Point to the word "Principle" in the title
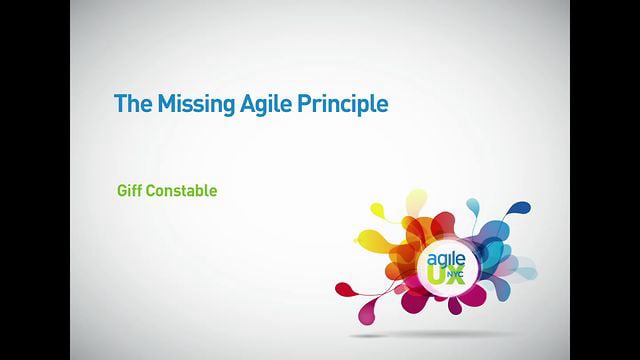coord(343,103)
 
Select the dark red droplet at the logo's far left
coord(345,289)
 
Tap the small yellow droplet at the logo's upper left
coord(378,210)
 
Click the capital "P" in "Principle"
coord(304,103)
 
